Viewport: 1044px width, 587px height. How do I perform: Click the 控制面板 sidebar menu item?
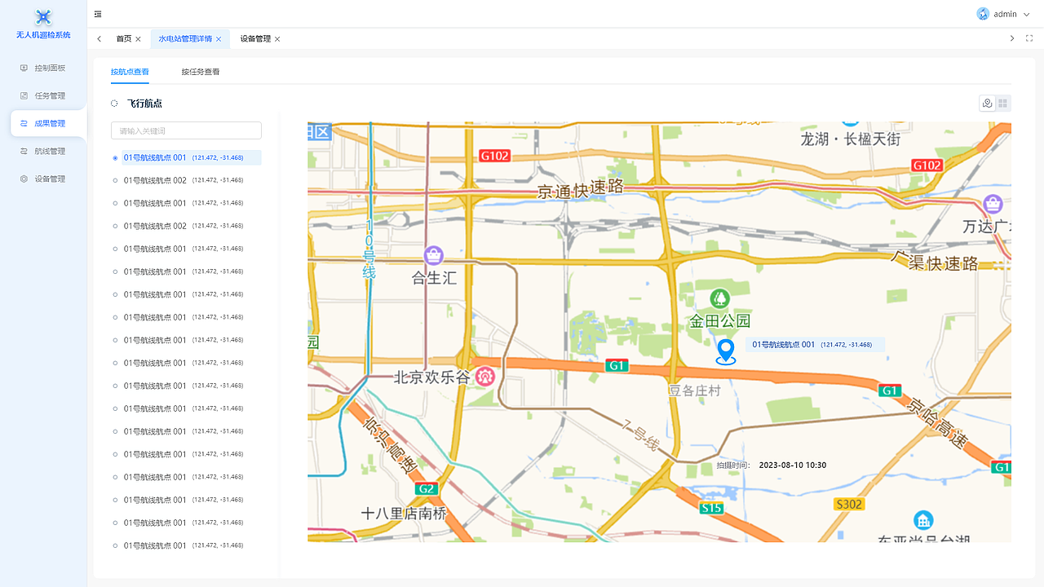(x=49, y=68)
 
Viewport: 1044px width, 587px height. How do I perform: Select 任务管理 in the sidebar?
(x=49, y=96)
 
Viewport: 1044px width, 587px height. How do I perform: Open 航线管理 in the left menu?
(x=49, y=152)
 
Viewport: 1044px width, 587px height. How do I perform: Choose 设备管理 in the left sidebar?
(x=49, y=179)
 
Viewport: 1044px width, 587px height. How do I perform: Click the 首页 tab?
(x=123, y=39)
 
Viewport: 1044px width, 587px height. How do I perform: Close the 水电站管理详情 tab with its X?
(x=219, y=39)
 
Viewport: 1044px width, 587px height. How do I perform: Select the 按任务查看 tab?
(x=200, y=72)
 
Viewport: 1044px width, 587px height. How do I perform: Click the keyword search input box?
(x=186, y=130)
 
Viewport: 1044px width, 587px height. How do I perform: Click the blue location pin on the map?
(x=725, y=351)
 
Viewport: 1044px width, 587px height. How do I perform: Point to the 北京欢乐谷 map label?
(x=431, y=377)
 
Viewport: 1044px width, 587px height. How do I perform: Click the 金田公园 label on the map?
(x=719, y=320)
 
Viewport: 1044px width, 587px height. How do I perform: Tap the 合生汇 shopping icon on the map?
(x=434, y=255)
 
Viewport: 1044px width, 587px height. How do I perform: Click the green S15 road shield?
(x=710, y=509)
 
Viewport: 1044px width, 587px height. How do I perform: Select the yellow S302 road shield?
(x=848, y=505)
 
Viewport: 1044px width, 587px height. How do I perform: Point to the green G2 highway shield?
(x=426, y=489)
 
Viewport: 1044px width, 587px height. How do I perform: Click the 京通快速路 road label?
(x=580, y=189)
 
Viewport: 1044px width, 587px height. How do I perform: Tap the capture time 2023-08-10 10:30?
(x=792, y=466)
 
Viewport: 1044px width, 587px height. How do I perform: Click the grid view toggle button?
(x=1002, y=104)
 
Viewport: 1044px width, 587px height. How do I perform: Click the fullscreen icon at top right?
(x=1029, y=38)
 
